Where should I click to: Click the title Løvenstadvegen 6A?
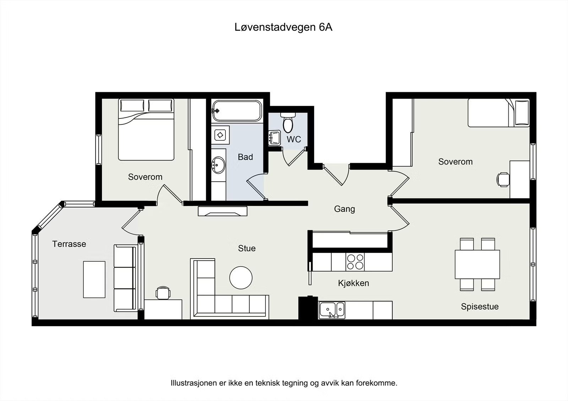coord(283,27)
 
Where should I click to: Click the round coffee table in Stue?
coord(241,278)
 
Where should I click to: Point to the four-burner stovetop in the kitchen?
coord(355,262)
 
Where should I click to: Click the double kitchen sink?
coord(332,310)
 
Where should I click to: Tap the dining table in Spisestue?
coord(477,264)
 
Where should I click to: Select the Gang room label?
coord(344,209)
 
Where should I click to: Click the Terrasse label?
coord(69,244)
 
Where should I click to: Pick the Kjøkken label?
coord(353,283)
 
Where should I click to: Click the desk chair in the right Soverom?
coord(503,179)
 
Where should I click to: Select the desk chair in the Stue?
coord(163,293)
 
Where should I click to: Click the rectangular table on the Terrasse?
coord(94,279)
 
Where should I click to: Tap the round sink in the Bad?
coord(218,165)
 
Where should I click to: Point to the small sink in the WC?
coord(274,137)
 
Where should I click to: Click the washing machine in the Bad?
coord(220,135)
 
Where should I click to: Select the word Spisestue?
coord(480,307)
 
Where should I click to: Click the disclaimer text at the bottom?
coord(284,383)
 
